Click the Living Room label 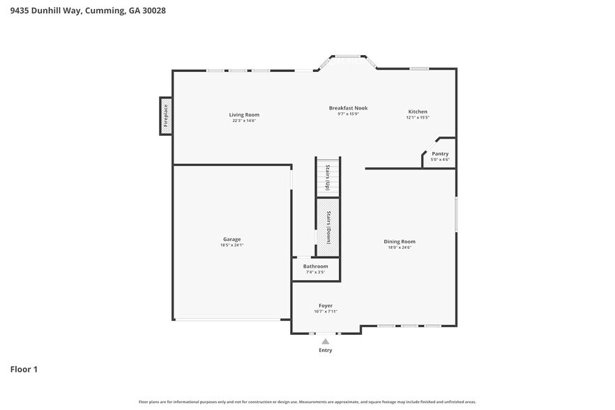(244, 115)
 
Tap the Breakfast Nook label (348, 108)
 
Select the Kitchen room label (418, 112)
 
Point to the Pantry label (440, 153)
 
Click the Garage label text (232, 239)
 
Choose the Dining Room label (400, 241)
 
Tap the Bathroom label (315, 266)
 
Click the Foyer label (326, 305)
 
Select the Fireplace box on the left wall (166, 116)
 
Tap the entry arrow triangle (325, 342)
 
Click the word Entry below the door (326, 350)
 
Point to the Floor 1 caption (24, 369)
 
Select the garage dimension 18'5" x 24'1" (232, 245)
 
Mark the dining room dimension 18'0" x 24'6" (400, 248)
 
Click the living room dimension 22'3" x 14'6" (244, 121)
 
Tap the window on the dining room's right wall (456, 215)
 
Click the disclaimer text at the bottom (307, 402)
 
